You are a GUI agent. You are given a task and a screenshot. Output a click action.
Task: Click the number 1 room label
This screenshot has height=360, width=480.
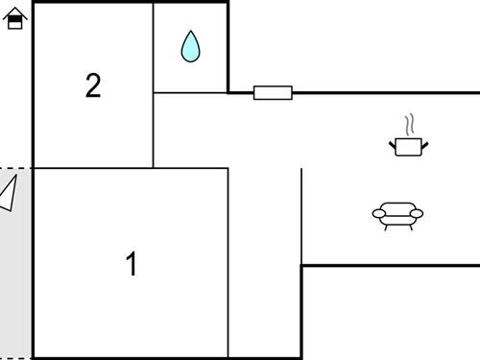click(132, 264)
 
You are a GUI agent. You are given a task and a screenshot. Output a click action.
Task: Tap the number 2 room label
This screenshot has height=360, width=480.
click(93, 86)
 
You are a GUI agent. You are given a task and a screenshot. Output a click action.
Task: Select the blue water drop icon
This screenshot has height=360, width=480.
click(191, 46)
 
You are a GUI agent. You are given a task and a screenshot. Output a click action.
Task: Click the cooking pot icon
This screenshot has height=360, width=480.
click(409, 146)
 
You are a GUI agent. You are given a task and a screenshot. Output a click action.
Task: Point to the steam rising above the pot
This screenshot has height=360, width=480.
click(410, 125)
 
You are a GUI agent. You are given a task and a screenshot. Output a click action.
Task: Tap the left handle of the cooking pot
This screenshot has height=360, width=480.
click(393, 144)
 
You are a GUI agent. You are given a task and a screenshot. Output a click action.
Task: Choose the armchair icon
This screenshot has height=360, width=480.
click(397, 215)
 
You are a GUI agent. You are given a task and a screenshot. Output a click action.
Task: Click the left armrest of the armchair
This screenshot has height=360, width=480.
click(378, 213)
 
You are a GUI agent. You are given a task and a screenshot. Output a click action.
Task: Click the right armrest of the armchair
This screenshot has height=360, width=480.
click(417, 213)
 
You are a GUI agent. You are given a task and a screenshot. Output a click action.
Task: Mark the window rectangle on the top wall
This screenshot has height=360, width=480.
click(273, 93)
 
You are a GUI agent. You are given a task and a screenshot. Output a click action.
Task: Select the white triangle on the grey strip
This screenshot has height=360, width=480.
click(9, 194)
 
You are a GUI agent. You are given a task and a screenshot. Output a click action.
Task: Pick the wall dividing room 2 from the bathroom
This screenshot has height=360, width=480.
click(154, 48)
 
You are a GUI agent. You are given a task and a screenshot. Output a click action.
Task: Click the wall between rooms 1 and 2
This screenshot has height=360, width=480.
click(93, 168)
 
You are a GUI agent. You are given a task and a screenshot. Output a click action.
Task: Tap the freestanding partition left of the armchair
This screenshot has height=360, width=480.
click(301, 216)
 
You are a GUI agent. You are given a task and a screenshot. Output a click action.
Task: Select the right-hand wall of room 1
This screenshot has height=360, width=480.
click(228, 264)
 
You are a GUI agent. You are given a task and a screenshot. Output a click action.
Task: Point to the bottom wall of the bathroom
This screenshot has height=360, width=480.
click(190, 93)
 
